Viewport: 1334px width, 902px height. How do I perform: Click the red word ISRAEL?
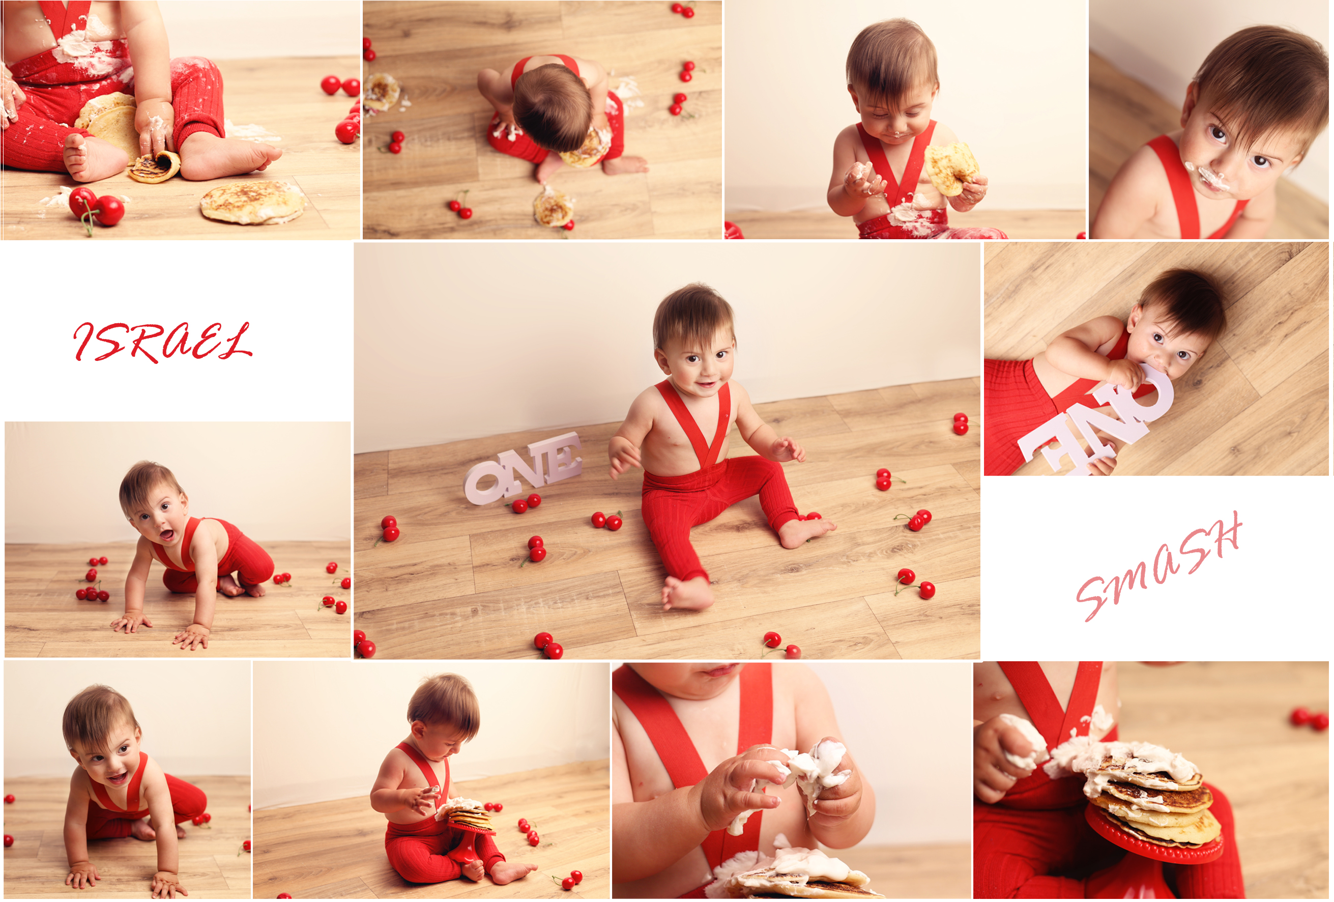point(162,342)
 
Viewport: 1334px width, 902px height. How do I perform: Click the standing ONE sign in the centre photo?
point(523,468)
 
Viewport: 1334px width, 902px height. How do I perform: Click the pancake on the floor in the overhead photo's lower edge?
point(554,208)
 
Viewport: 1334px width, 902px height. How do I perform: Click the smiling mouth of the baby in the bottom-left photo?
point(118,778)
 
